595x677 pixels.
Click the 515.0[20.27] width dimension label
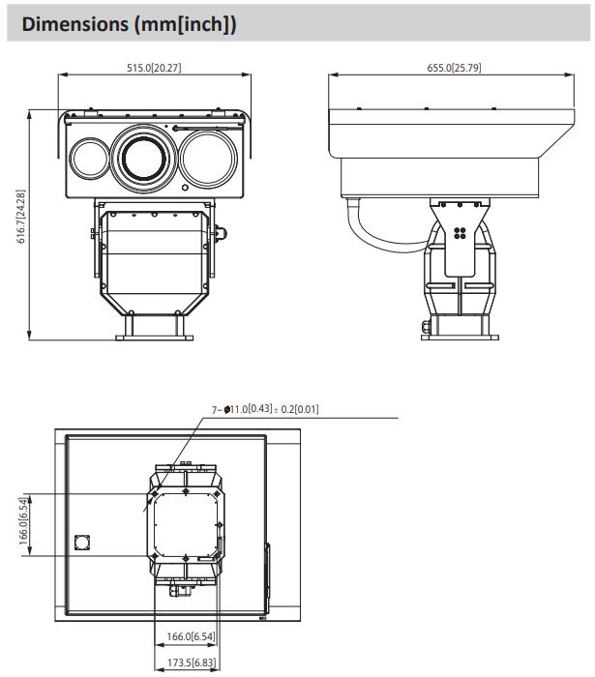[x=154, y=68]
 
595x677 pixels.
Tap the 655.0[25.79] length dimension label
[x=454, y=68]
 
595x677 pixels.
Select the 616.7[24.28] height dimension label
[x=21, y=217]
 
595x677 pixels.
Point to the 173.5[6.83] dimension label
[x=192, y=662]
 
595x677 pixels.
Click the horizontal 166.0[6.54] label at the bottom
[x=191, y=636]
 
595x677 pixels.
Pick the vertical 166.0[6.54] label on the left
[x=24, y=520]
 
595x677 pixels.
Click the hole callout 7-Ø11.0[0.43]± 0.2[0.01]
[x=265, y=409]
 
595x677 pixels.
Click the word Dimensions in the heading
[x=75, y=24]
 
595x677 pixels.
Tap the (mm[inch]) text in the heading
[x=185, y=24]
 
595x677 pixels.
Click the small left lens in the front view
[x=90, y=158]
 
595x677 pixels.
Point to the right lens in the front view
[x=208, y=159]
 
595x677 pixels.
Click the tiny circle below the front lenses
[x=185, y=188]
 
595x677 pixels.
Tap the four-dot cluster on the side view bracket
[x=460, y=233]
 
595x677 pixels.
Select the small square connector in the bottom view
[x=82, y=543]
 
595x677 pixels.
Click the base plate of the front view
[x=155, y=338]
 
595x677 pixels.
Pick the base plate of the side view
[x=460, y=338]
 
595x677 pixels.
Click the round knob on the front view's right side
[x=221, y=234]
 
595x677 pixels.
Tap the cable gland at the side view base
[x=426, y=327]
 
